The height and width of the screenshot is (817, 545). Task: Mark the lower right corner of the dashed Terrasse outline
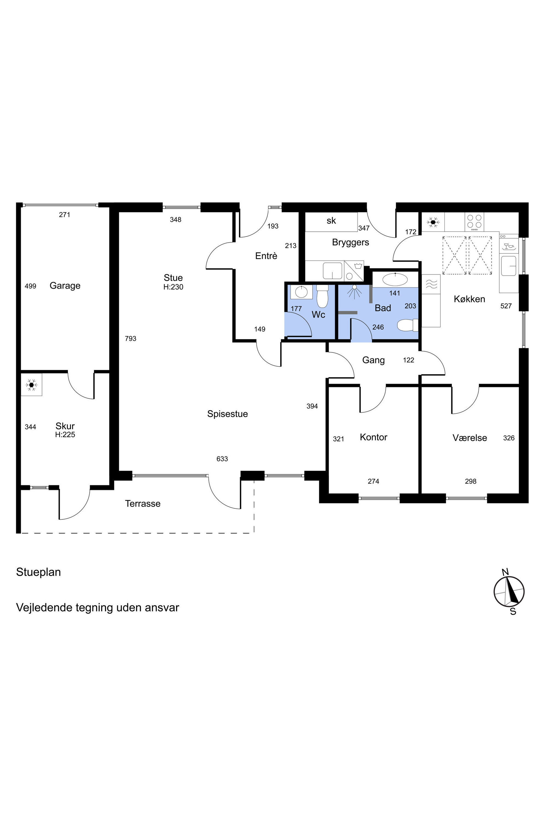click(x=254, y=533)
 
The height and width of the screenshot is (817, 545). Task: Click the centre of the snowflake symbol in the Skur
click(x=32, y=385)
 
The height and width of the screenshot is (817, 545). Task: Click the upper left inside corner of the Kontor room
click(x=329, y=387)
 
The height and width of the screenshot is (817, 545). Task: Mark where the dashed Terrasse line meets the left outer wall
click(x=21, y=533)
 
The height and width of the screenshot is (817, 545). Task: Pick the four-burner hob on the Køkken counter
click(x=474, y=222)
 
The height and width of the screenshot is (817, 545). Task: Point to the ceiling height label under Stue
click(x=173, y=287)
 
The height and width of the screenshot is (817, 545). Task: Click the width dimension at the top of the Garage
click(x=65, y=215)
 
